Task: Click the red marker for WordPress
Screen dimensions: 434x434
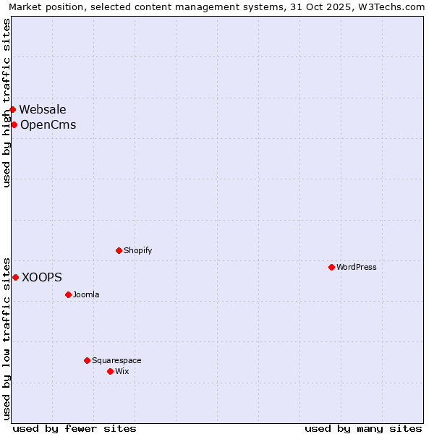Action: [331, 267]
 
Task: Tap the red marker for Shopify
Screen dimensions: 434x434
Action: [119, 250]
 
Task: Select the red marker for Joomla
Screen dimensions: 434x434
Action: [68, 294]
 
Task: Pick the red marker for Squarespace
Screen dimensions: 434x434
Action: [87, 360]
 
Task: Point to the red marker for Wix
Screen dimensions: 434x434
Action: [110, 371]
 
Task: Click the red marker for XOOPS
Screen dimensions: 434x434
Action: [15, 277]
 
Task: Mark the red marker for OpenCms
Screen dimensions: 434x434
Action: [14, 124]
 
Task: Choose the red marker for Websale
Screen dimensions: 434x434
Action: [12, 109]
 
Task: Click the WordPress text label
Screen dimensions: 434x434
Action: [357, 267]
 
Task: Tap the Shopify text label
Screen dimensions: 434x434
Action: [137, 250]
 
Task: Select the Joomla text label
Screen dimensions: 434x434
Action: [86, 294]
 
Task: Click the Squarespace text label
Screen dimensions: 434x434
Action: [116, 360]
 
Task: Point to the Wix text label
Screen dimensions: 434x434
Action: [122, 371]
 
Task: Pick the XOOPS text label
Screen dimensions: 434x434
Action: [42, 277]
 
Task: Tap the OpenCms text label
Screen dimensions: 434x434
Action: [48, 124]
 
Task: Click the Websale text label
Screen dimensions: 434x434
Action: [43, 109]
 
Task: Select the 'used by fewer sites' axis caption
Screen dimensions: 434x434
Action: [75, 428]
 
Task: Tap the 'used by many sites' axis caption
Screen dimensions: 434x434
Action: [363, 428]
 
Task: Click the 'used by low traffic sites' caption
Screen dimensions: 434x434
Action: [7, 338]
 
